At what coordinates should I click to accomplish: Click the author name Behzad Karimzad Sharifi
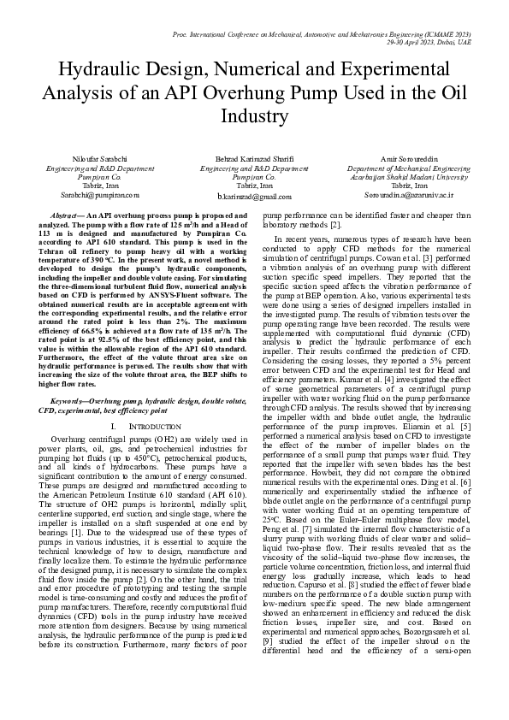pyautogui.click(x=254, y=161)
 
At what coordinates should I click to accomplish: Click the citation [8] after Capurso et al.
pyautogui.click(x=331, y=568)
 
